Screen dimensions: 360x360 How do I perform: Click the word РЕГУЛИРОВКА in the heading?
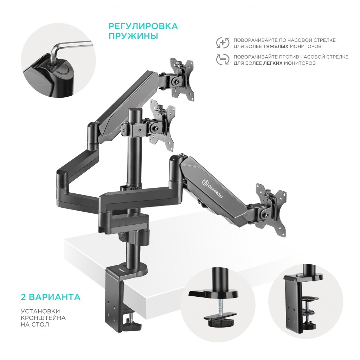tap(143, 26)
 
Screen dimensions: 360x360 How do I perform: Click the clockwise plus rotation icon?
tap(223, 43)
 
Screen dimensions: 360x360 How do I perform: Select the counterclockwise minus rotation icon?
tap(223, 59)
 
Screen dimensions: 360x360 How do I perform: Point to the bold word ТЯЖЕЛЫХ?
tap(276, 46)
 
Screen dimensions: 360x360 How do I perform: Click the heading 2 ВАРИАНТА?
tap(51, 297)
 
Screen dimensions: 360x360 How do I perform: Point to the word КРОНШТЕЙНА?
tap(43, 318)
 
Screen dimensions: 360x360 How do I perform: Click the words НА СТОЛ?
tap(35, 324)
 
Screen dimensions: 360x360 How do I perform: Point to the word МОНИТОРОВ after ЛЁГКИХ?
tap(300, 63)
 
